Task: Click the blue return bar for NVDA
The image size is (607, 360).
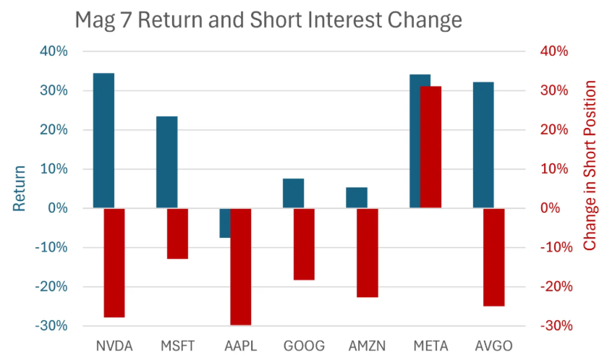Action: (103, 140)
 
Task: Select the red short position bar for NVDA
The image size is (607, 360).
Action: (114, 262)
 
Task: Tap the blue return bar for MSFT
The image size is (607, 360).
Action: (166, 162)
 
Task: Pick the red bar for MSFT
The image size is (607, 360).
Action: (177, 233)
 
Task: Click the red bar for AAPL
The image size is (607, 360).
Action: (241, 266)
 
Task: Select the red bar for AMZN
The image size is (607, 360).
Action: (368, 252)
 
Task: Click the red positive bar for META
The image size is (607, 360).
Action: (430, 147)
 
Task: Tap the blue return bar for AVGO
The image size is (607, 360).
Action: (483, 145)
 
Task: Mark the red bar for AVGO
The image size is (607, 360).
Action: (494, 257)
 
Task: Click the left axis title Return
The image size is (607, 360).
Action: (20, 188)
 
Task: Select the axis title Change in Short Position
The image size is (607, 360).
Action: (590, 188)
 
